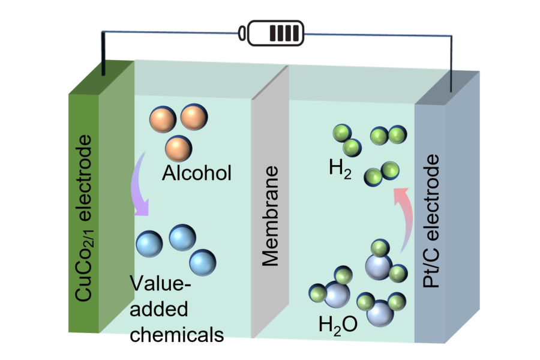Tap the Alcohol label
click(197, 174)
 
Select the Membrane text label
click(271, 220)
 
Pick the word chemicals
click(177, 333)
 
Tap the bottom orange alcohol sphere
click(178, 148)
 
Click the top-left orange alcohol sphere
click(163, 119)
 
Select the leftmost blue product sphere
click(149, 244)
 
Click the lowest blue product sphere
click(203, 262)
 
